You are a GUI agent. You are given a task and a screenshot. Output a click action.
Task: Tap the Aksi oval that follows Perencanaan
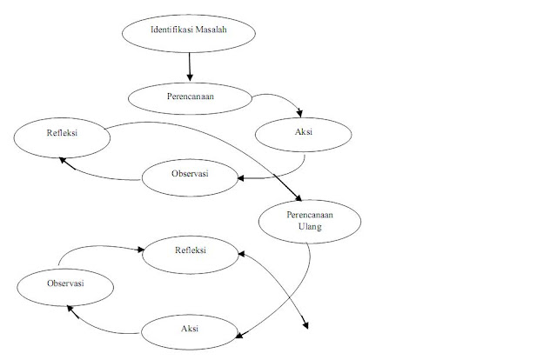point(304,134)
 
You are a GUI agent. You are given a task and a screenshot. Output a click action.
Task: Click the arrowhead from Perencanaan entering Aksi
point(301,113)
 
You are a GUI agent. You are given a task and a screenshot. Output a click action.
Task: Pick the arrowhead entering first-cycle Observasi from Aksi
point(240,178)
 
